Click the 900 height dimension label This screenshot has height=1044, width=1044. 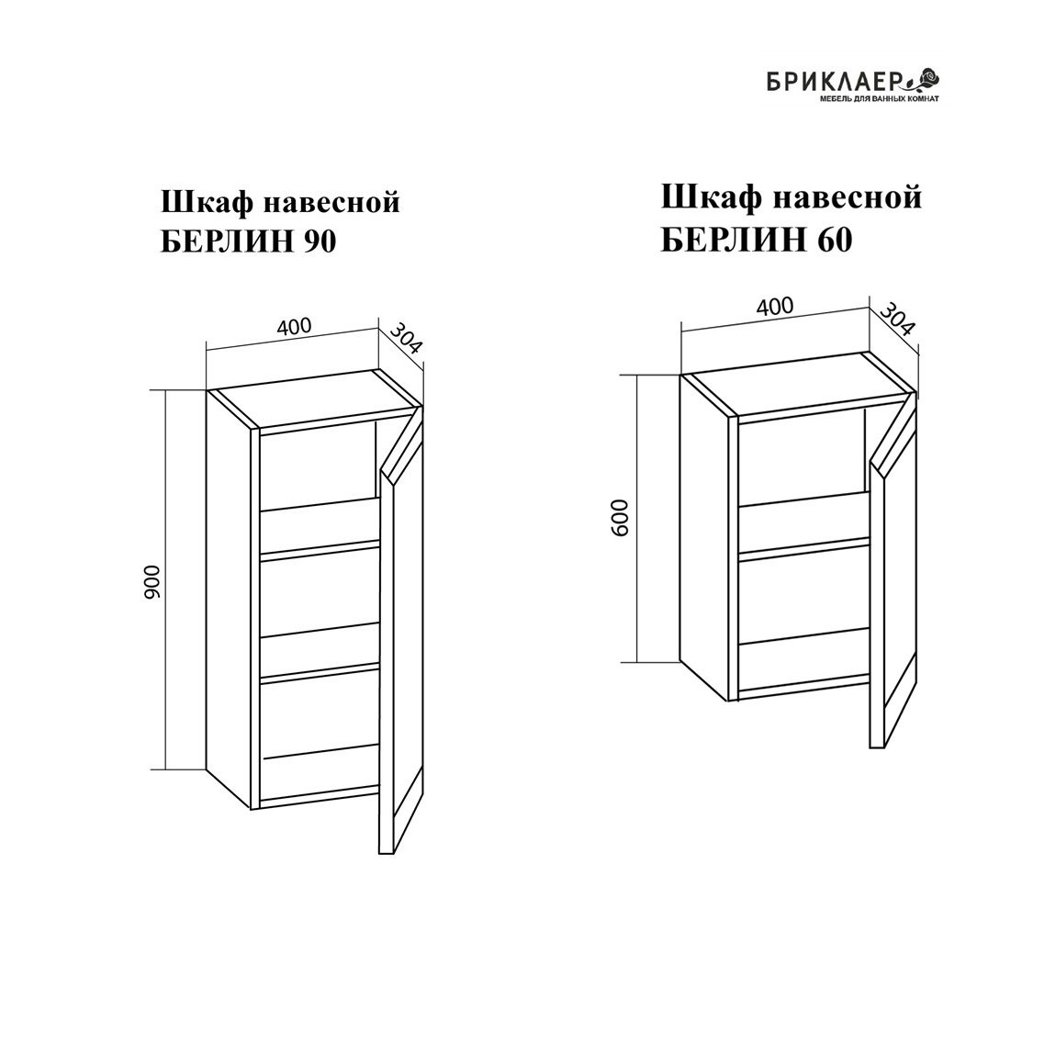(x=152, y=581)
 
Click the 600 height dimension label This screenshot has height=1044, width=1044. (x=620, y=518)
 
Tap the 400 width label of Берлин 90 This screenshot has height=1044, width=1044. (x=294, y=327)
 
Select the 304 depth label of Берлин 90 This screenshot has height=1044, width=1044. (x=406, y=339)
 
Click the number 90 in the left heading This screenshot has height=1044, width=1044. (x=320, y=242)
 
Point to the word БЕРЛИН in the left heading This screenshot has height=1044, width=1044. (x=227, y=242)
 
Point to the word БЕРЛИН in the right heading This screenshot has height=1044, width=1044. (x=731, y=241)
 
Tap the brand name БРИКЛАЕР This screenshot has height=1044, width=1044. (x=835, y=82)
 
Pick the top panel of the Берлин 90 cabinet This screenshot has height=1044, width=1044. (x=314, y=399)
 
